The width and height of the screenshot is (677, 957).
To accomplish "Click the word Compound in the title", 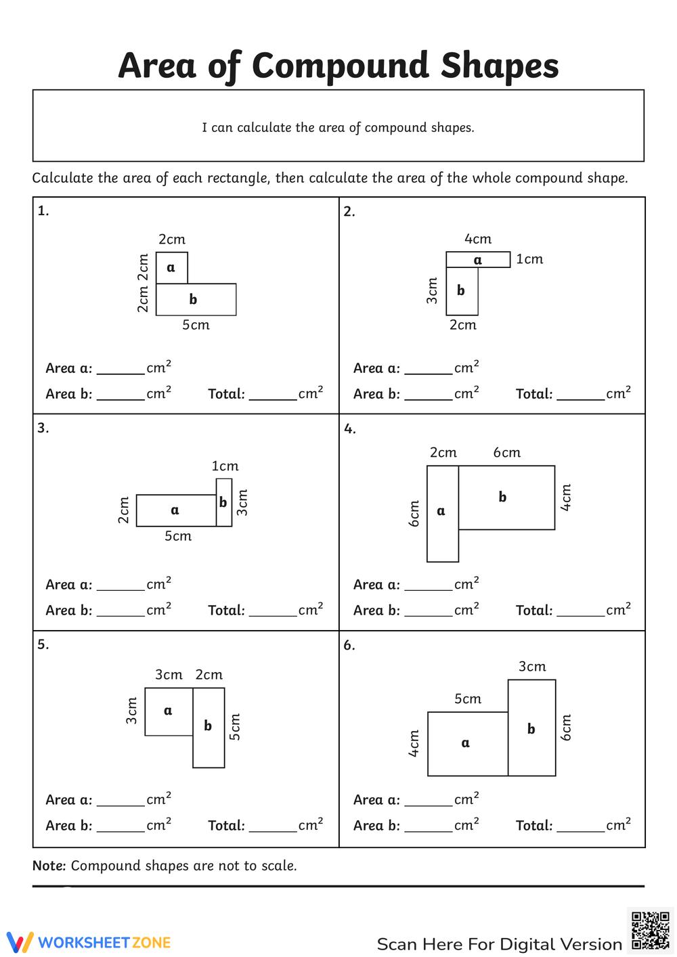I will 341,66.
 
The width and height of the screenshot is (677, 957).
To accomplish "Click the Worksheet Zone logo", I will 89,942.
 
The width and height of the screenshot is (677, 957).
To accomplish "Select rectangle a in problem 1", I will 171,267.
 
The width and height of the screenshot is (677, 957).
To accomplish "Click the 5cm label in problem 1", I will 196,325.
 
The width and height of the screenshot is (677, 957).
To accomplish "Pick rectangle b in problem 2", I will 462,291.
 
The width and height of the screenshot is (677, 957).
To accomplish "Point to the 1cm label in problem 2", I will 529,259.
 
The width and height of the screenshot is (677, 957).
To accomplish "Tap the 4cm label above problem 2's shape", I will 478,239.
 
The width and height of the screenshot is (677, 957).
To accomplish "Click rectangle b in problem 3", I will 223,502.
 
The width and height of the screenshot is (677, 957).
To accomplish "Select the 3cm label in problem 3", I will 242,503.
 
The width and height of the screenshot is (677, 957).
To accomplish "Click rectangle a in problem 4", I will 442,513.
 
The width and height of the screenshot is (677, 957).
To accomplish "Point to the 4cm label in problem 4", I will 567,497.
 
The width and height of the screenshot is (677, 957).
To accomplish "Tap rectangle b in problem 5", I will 209,727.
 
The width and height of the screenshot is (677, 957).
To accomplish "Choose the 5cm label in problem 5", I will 235,727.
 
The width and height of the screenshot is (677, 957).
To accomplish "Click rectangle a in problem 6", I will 467,743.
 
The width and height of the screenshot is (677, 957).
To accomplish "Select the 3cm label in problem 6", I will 532,667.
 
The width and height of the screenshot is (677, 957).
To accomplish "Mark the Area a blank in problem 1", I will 121,370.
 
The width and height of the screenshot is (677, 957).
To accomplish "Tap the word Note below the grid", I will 49,866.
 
